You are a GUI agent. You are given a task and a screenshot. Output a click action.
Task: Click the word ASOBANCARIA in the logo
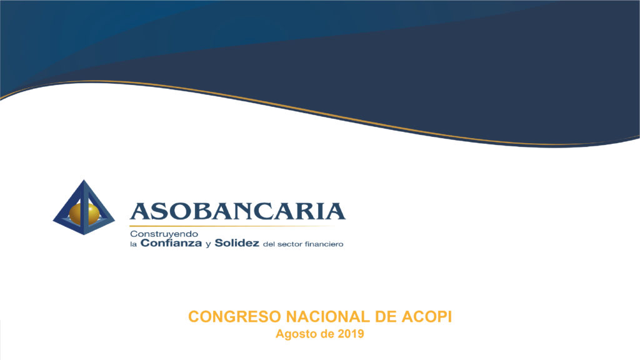[237, 211]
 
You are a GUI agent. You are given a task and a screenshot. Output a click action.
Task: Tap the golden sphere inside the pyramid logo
[84, 213]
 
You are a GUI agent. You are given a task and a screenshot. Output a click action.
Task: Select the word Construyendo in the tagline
[164, 234]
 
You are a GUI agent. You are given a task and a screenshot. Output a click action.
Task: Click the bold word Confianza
[171, 243]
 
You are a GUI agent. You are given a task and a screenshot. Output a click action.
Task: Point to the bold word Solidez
[237, 243]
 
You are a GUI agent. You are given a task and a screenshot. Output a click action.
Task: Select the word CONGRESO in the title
[235, 317]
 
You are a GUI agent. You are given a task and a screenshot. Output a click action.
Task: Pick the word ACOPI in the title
[426, 317]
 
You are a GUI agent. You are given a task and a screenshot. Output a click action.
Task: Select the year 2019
[351, 334]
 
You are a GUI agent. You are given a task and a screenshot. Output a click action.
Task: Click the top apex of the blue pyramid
[84, 180]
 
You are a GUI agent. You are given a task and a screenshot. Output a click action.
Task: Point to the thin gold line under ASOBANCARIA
[232, 226]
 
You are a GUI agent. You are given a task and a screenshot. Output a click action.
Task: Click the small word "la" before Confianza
[133, 244]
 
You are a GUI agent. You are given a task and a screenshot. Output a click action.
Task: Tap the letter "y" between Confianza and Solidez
[208, 245]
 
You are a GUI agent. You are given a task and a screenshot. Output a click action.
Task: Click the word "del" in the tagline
[269, 244]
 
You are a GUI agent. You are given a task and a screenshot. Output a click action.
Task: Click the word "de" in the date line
[327, 334]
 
